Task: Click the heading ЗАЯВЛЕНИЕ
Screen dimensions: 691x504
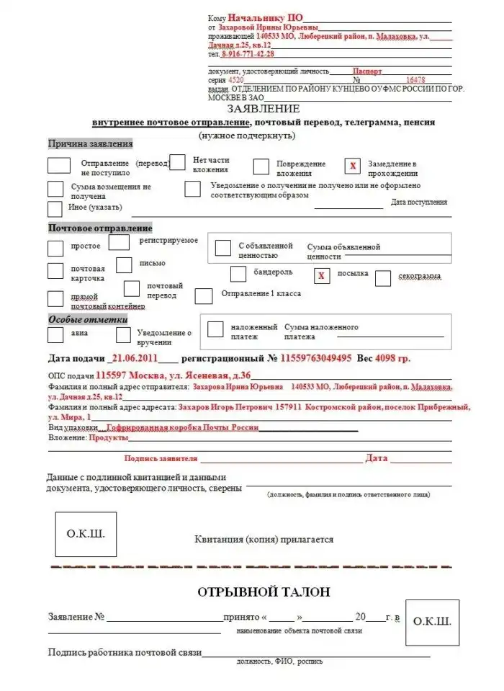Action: tap(263, 109)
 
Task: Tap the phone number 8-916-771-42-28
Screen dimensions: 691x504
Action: tap(248, 53)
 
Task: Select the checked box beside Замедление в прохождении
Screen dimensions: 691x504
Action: tap(353, 166)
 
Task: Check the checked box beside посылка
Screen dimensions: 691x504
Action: tap(322, 275)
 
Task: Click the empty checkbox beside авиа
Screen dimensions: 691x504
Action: tap(55, 334)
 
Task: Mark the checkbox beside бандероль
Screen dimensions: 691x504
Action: tap(238, 275)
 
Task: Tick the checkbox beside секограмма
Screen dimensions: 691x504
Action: tap(383, 278)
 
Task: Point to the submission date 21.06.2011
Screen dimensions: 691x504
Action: tap(135, 358)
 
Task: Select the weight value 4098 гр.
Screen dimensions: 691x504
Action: tap(395, 358)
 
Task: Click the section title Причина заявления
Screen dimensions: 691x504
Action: tap(91, 143)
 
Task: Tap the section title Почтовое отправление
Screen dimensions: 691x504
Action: tap(100, 228)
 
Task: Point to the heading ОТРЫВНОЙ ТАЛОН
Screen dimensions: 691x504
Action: tap(264, 592)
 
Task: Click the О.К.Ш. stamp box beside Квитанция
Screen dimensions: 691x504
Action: tap(86, 535)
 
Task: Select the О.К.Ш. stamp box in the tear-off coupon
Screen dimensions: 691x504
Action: tap(431, 620)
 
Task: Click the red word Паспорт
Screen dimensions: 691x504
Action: tap(367, 71)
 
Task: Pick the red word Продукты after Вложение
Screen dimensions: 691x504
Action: tap(109, 437)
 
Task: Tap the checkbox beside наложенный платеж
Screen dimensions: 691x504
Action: tap(215, 329)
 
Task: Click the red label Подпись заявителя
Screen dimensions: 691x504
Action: tap(161, 458)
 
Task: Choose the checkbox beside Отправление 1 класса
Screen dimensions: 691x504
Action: tap(204, 296)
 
